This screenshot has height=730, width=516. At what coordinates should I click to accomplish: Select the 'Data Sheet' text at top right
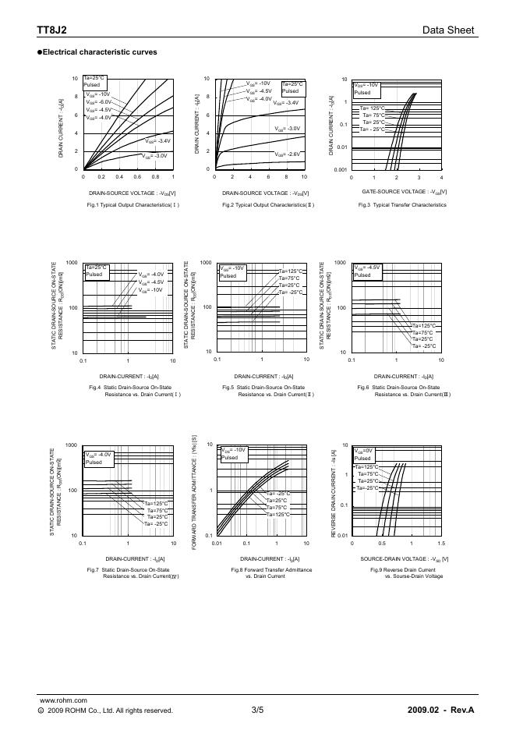(448, 30)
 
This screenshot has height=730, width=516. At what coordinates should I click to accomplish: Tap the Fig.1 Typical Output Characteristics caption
(133, 205)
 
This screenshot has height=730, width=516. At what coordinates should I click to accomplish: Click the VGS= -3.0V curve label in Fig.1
(155, 156)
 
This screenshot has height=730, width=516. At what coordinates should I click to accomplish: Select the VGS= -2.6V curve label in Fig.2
(287, 154)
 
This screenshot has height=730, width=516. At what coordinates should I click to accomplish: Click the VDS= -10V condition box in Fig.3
(366, 88)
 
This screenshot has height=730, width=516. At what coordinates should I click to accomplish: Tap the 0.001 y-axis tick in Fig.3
(339, 169)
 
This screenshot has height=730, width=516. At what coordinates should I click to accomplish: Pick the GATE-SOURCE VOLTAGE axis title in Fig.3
(405, 191)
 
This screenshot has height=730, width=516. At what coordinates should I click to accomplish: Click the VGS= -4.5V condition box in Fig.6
(367, 271)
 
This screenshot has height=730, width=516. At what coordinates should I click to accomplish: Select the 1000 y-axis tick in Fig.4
(72, 263)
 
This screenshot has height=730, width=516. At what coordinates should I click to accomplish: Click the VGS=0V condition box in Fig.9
(365, 454)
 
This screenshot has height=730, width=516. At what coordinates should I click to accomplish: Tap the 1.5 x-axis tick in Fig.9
(440, 543)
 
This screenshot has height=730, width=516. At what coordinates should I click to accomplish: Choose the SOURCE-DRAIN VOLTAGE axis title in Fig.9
(404, 559)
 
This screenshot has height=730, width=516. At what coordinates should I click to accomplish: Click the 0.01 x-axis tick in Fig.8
(217, 543)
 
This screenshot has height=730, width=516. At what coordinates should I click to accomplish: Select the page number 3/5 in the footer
(258, 711)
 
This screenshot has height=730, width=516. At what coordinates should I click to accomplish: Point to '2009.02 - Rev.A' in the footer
(440, 711)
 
